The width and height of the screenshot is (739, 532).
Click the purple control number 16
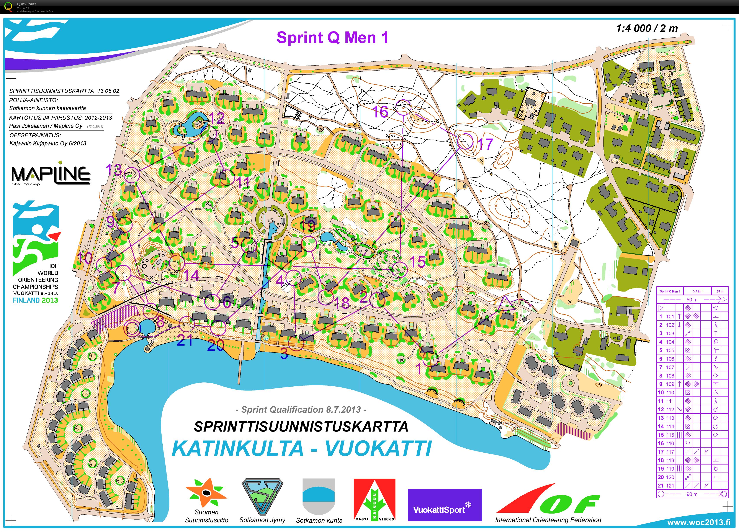(x=380, y=112)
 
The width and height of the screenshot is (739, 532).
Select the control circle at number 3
(x=296, y=343)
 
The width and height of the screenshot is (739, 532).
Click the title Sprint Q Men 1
(x=332, y=38)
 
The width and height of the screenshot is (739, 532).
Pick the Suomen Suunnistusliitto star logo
(x=206, y=493)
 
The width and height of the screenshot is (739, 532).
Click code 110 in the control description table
(x=670, y=392)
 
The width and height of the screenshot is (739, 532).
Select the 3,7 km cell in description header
(x=697, y=291)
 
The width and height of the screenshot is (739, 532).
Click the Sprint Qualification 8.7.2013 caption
(x=301, y=409)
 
